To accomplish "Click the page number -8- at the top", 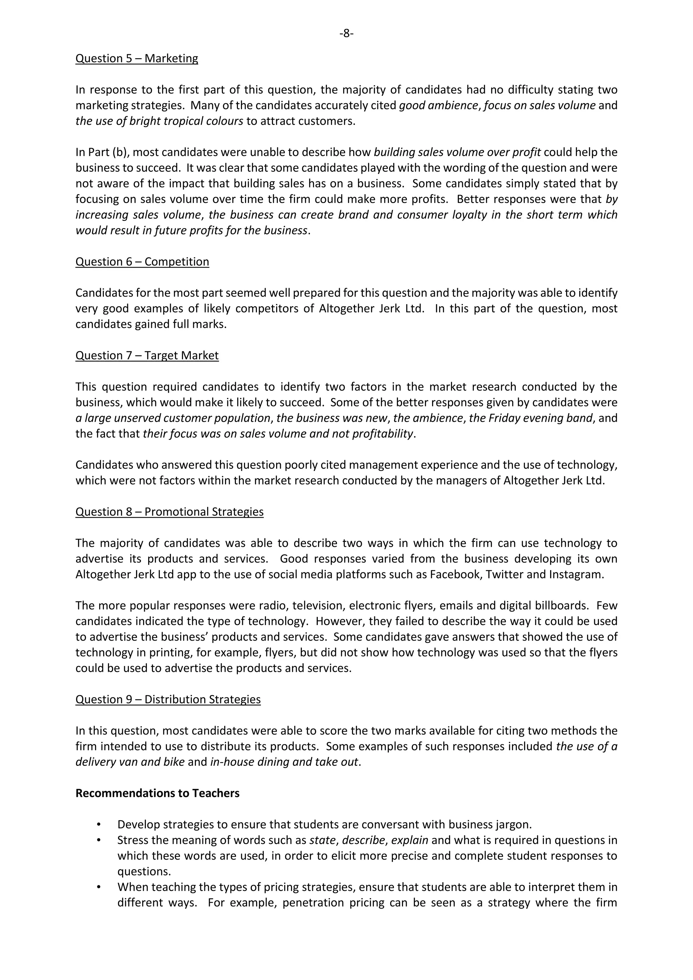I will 346,33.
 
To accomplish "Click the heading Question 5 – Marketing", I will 137,59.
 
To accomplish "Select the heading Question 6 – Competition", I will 142,262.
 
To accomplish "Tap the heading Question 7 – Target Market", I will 147,356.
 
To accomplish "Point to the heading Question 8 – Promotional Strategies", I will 170,512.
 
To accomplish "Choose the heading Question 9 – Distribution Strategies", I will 168,699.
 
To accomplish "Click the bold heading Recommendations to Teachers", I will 157,793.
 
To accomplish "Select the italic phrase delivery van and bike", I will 130,762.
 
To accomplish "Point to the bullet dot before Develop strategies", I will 99,824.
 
